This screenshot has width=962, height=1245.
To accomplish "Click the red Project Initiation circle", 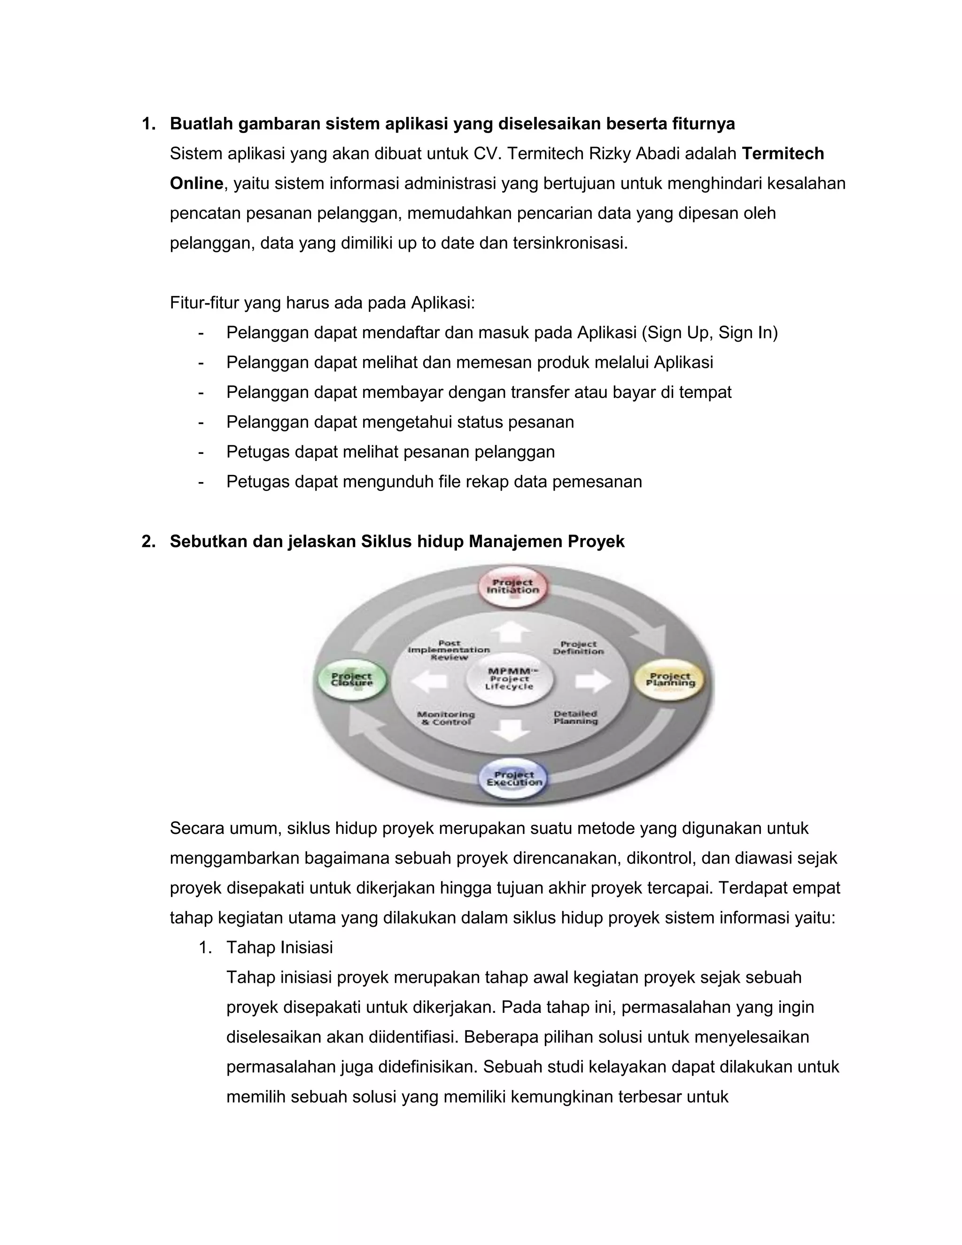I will (x=512, y=587).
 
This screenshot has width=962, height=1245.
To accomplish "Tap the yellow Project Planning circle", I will (x=670, y=680).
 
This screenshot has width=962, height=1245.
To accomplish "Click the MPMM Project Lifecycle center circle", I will (x=510, y=679).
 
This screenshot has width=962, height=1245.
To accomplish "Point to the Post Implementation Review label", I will (x=449, y=650).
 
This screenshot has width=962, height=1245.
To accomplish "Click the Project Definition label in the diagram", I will (x=578, y=647).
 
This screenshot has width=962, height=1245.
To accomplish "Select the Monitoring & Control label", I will (x=446, y=718).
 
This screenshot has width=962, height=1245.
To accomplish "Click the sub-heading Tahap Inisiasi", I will (x=279, y=948).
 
